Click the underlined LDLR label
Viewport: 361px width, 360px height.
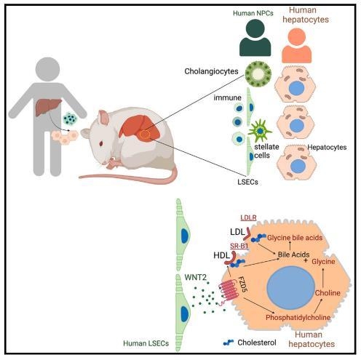(248, 217)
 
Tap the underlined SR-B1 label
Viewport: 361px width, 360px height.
(239, 246)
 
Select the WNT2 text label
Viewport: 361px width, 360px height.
(195, 277)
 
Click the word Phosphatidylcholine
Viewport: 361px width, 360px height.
(298, 317)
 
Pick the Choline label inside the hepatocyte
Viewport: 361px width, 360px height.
(328, 293)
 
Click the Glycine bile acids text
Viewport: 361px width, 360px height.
(295, 238)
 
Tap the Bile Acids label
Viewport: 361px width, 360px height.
(293, 255)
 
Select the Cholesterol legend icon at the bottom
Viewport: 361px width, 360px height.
(229, 343)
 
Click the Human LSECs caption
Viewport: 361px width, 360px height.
(146, 343)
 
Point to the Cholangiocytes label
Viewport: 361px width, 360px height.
(211, 71)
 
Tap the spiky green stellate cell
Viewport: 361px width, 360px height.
(260, 131)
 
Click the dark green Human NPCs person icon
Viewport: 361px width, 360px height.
(255, 38)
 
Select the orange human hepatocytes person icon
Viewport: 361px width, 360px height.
(297, 46)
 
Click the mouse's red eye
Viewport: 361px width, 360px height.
(101, 144)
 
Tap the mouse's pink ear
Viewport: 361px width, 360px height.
(103, 117)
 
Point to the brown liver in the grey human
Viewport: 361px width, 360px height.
(48, 107)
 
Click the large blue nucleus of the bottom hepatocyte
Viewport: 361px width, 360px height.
(290, 287)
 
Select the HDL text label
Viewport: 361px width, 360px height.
(221, 255)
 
